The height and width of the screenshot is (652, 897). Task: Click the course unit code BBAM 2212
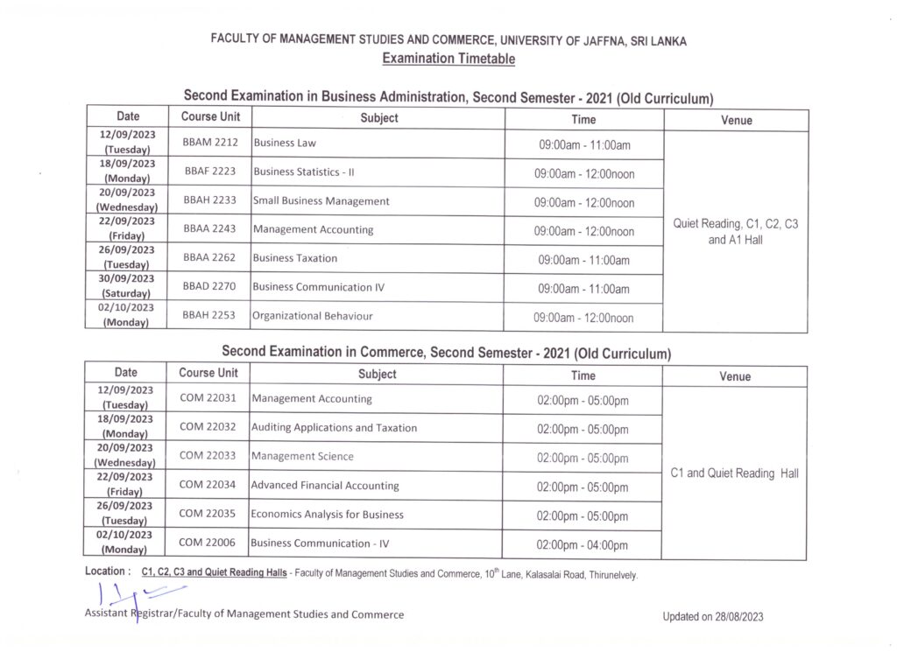click(x=210, y=142)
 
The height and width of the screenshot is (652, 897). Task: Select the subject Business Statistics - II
click(x=303, y=172)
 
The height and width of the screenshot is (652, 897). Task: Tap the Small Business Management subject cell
click(x=321, y=200)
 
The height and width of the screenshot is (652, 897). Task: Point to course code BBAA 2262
click(x=210, y=258)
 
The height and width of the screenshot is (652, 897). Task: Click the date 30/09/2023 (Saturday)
click(x=127, y=286)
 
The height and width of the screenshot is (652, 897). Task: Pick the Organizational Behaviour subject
click(x=312, y=316)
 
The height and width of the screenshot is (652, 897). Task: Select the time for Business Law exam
click(x=584, y=144)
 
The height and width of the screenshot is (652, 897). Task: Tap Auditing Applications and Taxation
click(x=334, y=428)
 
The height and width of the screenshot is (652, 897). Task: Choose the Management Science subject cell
click(x=302, y=456)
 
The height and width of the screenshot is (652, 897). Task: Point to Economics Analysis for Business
click(x=327, y=514)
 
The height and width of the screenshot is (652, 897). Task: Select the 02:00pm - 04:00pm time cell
click(x=583, y=545)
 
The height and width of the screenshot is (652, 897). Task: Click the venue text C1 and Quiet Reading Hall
click(x=734, y=473)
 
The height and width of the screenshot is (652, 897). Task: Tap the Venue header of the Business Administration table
click(x=736, y=120)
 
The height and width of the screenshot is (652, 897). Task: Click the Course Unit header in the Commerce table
click(x=208, y=373)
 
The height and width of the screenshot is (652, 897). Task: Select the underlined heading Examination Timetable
click(x=448, y=59)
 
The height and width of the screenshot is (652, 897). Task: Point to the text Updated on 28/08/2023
click(x=713, y=617)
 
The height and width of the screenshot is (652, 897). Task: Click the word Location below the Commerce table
click(x=105, y=571)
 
